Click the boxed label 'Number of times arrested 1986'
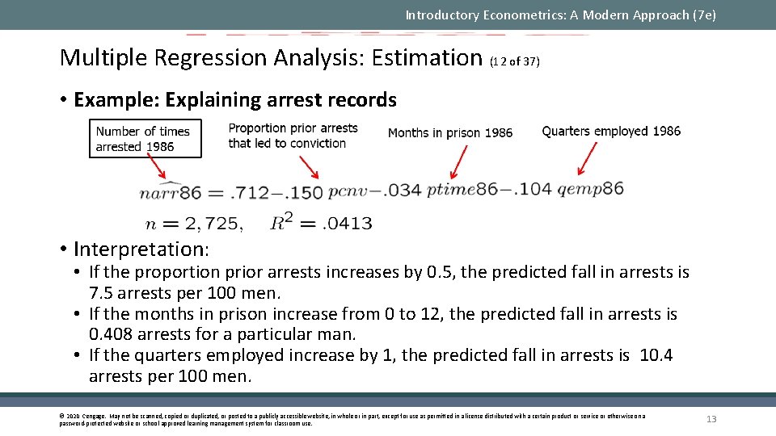(x=143, y=139)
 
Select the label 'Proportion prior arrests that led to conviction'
(x=293, y=136)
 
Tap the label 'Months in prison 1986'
(x=449, y=132)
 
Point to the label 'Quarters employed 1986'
(x=611, y=131)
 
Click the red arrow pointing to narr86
(x=154, y=168)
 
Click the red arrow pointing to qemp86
(x=588, y=158)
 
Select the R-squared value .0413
(x=347, y=223)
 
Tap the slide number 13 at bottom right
(x=711, y=419)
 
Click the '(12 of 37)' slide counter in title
(x=515, y=61)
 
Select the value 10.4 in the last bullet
(x=656, y=355)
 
